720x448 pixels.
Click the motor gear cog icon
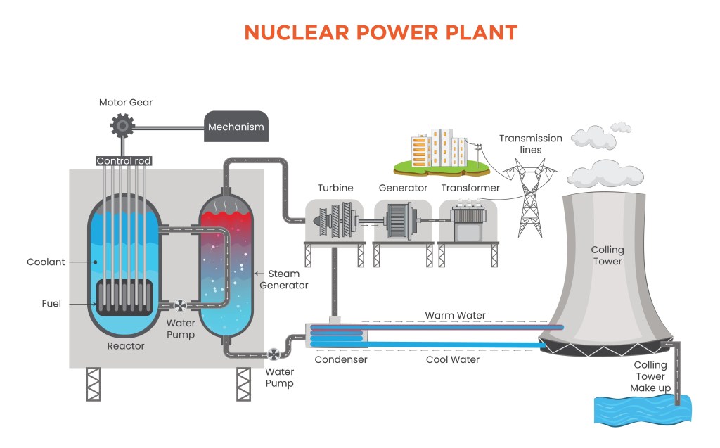(x=122, y=127)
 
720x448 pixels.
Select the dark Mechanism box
(x=236, y=127)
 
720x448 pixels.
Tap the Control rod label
(x=124, y=161)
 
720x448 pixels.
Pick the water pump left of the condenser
(x=274, y=355)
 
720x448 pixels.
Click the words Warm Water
(x=455, y=315)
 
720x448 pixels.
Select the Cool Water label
(x=453, y=359)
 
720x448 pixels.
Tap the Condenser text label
(x=340, y=359)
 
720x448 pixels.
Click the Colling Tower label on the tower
(x=606, y=255)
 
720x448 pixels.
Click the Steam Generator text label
(x=284, y=279)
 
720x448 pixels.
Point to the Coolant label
(x=46, y=262)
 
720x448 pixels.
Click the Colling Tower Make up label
(x=650, y=376)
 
